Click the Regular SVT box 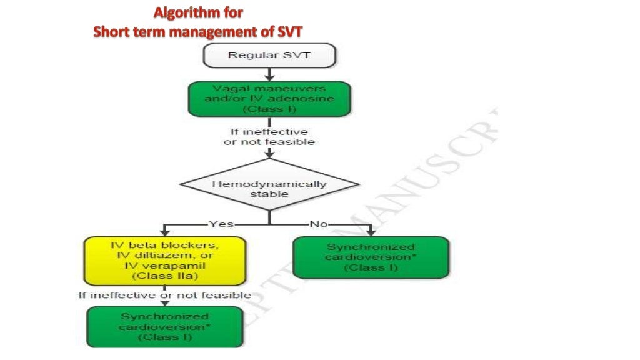click(x=269, y=55)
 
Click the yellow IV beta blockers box click(x=164, y=260)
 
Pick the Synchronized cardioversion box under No click(x=371, y=257)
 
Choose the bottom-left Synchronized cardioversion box click(x=165, y=327)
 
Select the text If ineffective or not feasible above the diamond click(x=269, y=137)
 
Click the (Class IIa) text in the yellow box click(x=164, y=276)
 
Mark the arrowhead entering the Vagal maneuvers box click(x=269, y=78)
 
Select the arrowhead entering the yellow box click(x=165, y=233)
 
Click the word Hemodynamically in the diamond click(x=269, y=184)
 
